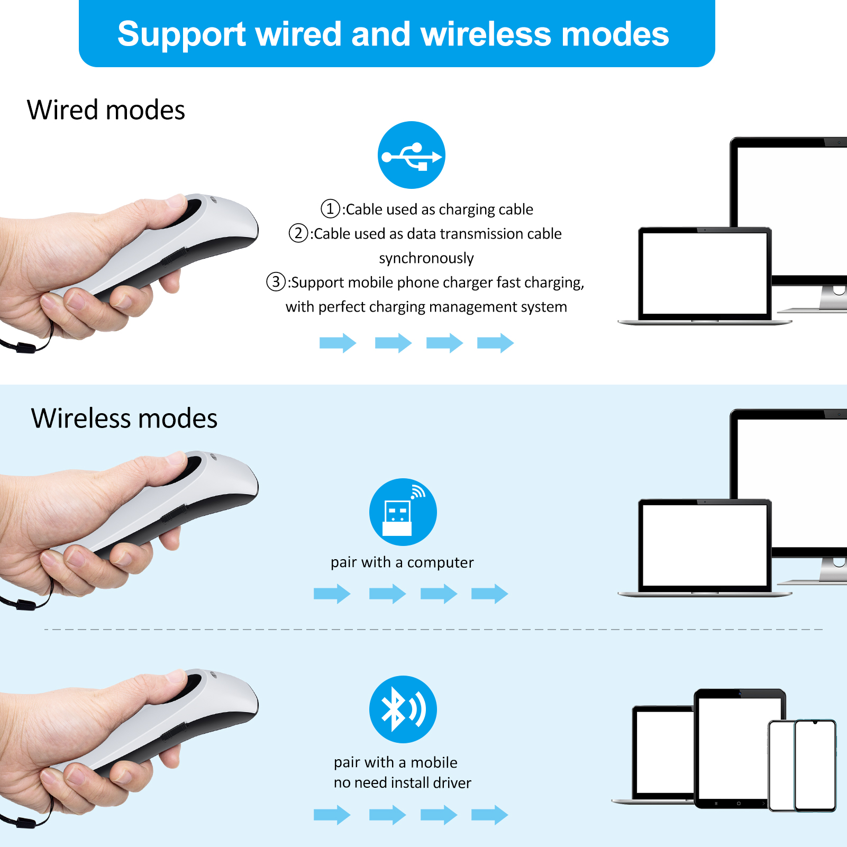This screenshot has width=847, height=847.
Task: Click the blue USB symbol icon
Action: pyautogui.click(x=412, y=155)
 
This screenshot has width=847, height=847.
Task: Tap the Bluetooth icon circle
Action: pyautogui.click(x=403, y=709)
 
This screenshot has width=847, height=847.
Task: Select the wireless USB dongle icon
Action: pyautogui.click(x=403, y=512)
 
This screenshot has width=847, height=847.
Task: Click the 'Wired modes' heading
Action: pyautogui.click(x=106, y=110)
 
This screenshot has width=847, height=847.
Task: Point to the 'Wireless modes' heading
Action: pyautogui.click(x=124, y=418)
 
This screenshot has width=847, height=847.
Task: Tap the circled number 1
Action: pyautogui.click(x=331, y=208)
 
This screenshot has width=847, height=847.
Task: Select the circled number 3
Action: pyautogui.click(x=276, y=281)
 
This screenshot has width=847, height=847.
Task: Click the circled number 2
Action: pyautogui.click(x=298, y=233)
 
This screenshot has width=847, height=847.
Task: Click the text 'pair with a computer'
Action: pyautogui.click(x=402, y=562)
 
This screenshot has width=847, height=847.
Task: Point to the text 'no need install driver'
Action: pyautogui.click(x=402, y=782)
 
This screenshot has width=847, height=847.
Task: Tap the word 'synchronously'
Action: pyautogui.click(x=426, y=258)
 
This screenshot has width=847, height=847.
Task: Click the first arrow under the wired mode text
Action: pyautogui.click(x=338, y=343)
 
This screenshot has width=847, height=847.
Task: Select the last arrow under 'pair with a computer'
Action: pyautogui.click(x=490, y=594)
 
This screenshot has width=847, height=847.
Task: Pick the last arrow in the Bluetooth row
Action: pyautogui.click(x=490, y=815)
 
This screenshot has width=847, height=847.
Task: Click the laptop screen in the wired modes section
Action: pyautogui.click(x=705, y=273)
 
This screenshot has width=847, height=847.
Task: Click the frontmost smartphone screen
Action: pyautogui.click(x=815, y=765)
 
